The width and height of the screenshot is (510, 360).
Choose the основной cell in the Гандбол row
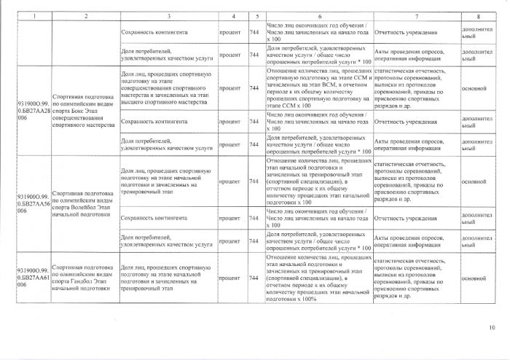[x=474, y=278]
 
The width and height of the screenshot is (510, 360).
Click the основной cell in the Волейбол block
[x=474, y=181]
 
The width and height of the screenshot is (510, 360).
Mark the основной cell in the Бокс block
[x=474, y=89]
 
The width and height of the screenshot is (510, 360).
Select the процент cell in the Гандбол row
[x=231, y=278]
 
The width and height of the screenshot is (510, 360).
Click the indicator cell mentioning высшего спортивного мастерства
[x=166, y=89]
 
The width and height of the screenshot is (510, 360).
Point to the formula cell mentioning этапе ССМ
[x=318, y=89]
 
